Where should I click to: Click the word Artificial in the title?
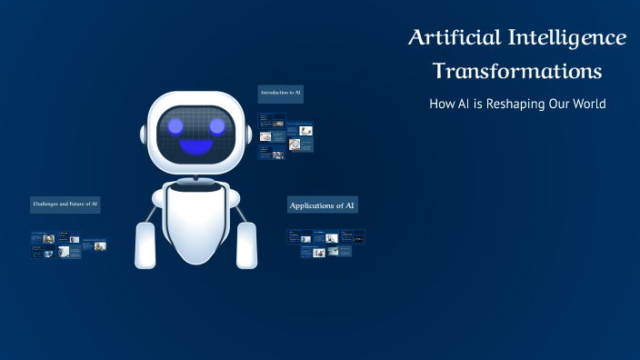(x=452, y=38)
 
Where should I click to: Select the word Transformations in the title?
(x=517, y=70)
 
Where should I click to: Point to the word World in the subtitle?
(x=586, y=104)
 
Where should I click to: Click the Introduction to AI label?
(x=280, y=93)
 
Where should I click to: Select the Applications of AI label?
(x=322, y=205)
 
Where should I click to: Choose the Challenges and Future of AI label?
(x=65, y=205)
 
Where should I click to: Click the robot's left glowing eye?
(x=173, y=125)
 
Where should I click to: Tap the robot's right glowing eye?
(x=216, y=125)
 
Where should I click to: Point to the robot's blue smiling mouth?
(x=194, y=146)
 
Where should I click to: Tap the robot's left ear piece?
(x=144, y=134)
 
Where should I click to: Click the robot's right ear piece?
(x=245, y=134)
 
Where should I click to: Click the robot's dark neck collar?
(x=195, y=188)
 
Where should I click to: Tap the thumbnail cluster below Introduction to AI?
(x=285, y=136)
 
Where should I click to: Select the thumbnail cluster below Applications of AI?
(x=325, y=243)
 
